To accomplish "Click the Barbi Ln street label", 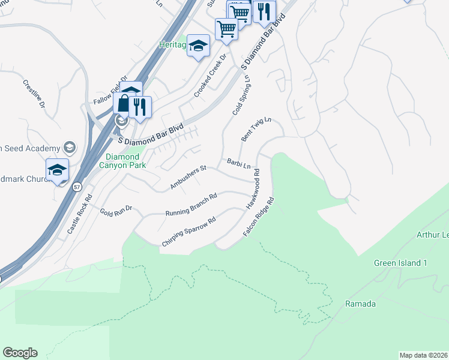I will (x=238, y=163).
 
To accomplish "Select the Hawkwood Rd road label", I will (x=252, y=189).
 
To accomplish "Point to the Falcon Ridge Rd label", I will (x=259, y=217).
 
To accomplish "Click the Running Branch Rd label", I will (x=191, y=205).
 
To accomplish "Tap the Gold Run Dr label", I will (x=115, y=212).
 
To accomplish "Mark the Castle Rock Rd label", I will (x=79, y=214).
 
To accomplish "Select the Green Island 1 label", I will (x=400, y=263).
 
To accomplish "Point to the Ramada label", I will (x=360, y=304).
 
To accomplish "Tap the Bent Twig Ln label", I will (x=256, y=129).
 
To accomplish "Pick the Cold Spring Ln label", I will (x=241, y=95).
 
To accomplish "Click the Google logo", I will (x=20, y=353).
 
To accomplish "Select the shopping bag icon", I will (x=123, y=103).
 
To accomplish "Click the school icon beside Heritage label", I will (x=198, y=46).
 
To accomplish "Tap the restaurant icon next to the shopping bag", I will (x=140, y=106).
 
